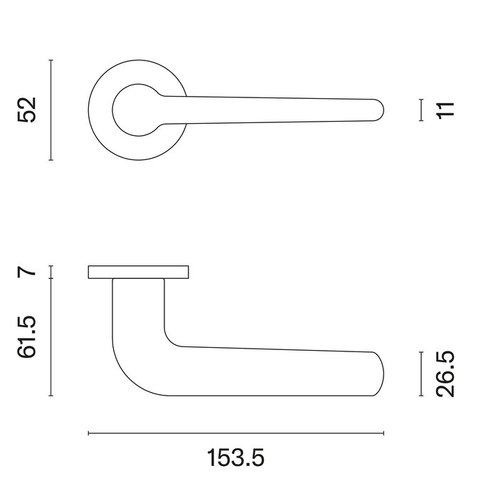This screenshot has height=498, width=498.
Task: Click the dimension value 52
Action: (26, 110)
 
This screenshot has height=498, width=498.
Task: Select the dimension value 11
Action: (445, 110)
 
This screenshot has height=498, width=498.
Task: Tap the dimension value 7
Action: (26, 271)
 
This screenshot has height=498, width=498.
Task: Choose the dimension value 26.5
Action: (445, 373)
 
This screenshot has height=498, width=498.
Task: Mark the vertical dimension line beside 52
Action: (51, 110)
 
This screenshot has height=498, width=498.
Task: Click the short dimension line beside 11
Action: (421, 110)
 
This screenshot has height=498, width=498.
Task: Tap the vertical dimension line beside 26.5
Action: (421, 373)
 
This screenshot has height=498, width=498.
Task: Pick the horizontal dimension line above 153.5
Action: (236, 433)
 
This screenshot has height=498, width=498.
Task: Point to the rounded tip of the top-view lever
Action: (380, 110)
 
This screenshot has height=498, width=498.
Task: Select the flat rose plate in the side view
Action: (139, 272)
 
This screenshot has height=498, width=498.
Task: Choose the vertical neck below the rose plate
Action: (139, 306)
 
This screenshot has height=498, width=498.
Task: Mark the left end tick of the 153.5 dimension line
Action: (88, 433)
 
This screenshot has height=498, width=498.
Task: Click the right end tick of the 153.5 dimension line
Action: (384, 433)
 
